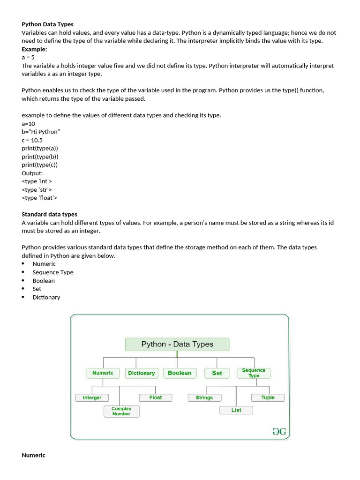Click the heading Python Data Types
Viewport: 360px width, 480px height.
click(x=47, y=24)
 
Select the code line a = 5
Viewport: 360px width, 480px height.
click(x=28, y=57)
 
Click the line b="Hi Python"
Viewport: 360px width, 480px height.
click(x=41, y=132)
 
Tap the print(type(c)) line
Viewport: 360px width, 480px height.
click(x=40, y=165)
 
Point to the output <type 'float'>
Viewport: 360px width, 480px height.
click(x=39, y=198)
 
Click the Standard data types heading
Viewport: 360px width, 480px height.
click(x=49, y=214)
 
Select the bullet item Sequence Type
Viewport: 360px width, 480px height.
click(x=53, y=272)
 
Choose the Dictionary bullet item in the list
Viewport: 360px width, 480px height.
click(x=46, y=297)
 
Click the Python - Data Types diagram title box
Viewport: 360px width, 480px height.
click(x=177, y=345)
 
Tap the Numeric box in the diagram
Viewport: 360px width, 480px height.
click(x=103, y=373)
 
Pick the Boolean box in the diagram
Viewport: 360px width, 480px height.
click(x=180, y=373)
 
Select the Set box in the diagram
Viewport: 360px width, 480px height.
click(x=217, y=373)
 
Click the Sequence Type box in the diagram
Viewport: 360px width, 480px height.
click(x=254, y=373)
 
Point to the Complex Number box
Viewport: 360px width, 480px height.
click(x=121, y=411)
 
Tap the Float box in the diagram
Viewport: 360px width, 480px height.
click(x=156, y=397)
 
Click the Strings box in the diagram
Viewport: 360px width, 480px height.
click(x=204, y=397)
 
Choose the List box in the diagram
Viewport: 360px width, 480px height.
click(x=236, y=410)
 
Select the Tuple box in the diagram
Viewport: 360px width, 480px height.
click(x=268, y=397)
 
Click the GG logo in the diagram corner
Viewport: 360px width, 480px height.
click(x=279, y=432)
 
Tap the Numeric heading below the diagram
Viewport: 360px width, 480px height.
click(x=33, y=455)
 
